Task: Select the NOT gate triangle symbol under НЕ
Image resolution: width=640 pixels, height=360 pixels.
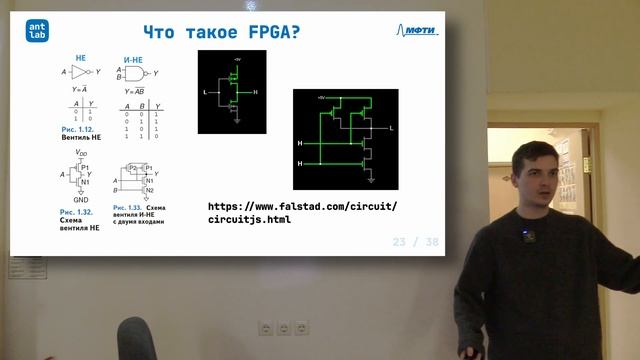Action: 81,73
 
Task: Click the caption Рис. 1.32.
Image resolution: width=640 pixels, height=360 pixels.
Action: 77,213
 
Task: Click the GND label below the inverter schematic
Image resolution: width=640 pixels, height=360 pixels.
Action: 80,199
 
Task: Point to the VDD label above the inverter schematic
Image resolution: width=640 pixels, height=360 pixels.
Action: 82,154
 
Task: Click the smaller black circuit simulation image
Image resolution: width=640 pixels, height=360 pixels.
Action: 232,92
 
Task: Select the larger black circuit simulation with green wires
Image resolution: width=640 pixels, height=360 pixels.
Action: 345,139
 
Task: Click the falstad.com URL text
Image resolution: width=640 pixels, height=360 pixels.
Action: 302,212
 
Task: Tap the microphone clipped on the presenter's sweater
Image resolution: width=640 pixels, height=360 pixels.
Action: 528,237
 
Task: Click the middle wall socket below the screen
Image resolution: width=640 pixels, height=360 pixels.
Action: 283,328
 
